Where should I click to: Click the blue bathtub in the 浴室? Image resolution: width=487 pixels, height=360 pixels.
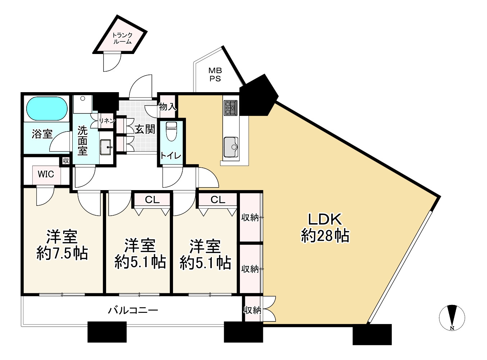tap(47, 109)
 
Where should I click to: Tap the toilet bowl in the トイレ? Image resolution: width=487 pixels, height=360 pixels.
tap(172, 131)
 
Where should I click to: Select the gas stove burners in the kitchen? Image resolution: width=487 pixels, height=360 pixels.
tap(231, 108)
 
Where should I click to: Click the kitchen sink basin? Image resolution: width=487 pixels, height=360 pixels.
tap(231, 147)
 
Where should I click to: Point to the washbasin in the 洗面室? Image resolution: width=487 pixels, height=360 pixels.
tap(106, 147)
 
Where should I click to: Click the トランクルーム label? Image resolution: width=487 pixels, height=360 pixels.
tap(122, 38)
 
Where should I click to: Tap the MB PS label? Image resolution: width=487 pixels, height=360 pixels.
tap(215, 75)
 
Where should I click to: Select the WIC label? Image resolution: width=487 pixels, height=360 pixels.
tap(46, 174)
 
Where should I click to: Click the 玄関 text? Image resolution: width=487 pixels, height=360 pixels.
tap(145, 130)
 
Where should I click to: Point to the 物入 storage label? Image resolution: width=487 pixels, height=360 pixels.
tap(168, 107)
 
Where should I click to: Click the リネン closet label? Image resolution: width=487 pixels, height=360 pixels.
tap(107, 121)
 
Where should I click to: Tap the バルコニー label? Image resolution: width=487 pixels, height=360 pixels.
tap(133, 310)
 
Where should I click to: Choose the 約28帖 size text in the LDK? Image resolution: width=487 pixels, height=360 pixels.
tap(325, 236)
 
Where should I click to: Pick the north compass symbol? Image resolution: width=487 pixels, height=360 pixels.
tap(452, 318)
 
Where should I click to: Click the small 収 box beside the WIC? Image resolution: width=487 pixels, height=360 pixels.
tap(66, 161)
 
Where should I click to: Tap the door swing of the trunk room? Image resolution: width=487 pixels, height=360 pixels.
tap(112, 62)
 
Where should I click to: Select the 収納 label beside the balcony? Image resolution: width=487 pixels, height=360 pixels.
tap(252, 310)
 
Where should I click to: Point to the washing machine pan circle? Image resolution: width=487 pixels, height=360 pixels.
tap(83, 99)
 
